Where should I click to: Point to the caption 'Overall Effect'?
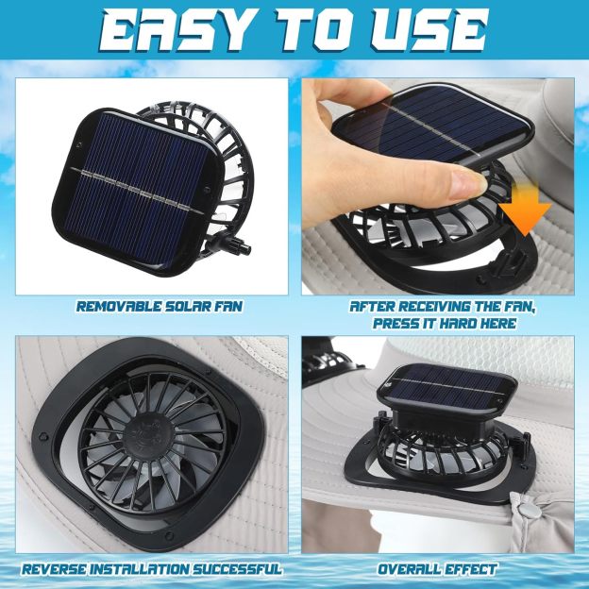[437, 569]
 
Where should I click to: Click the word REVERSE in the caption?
[59, 569]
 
